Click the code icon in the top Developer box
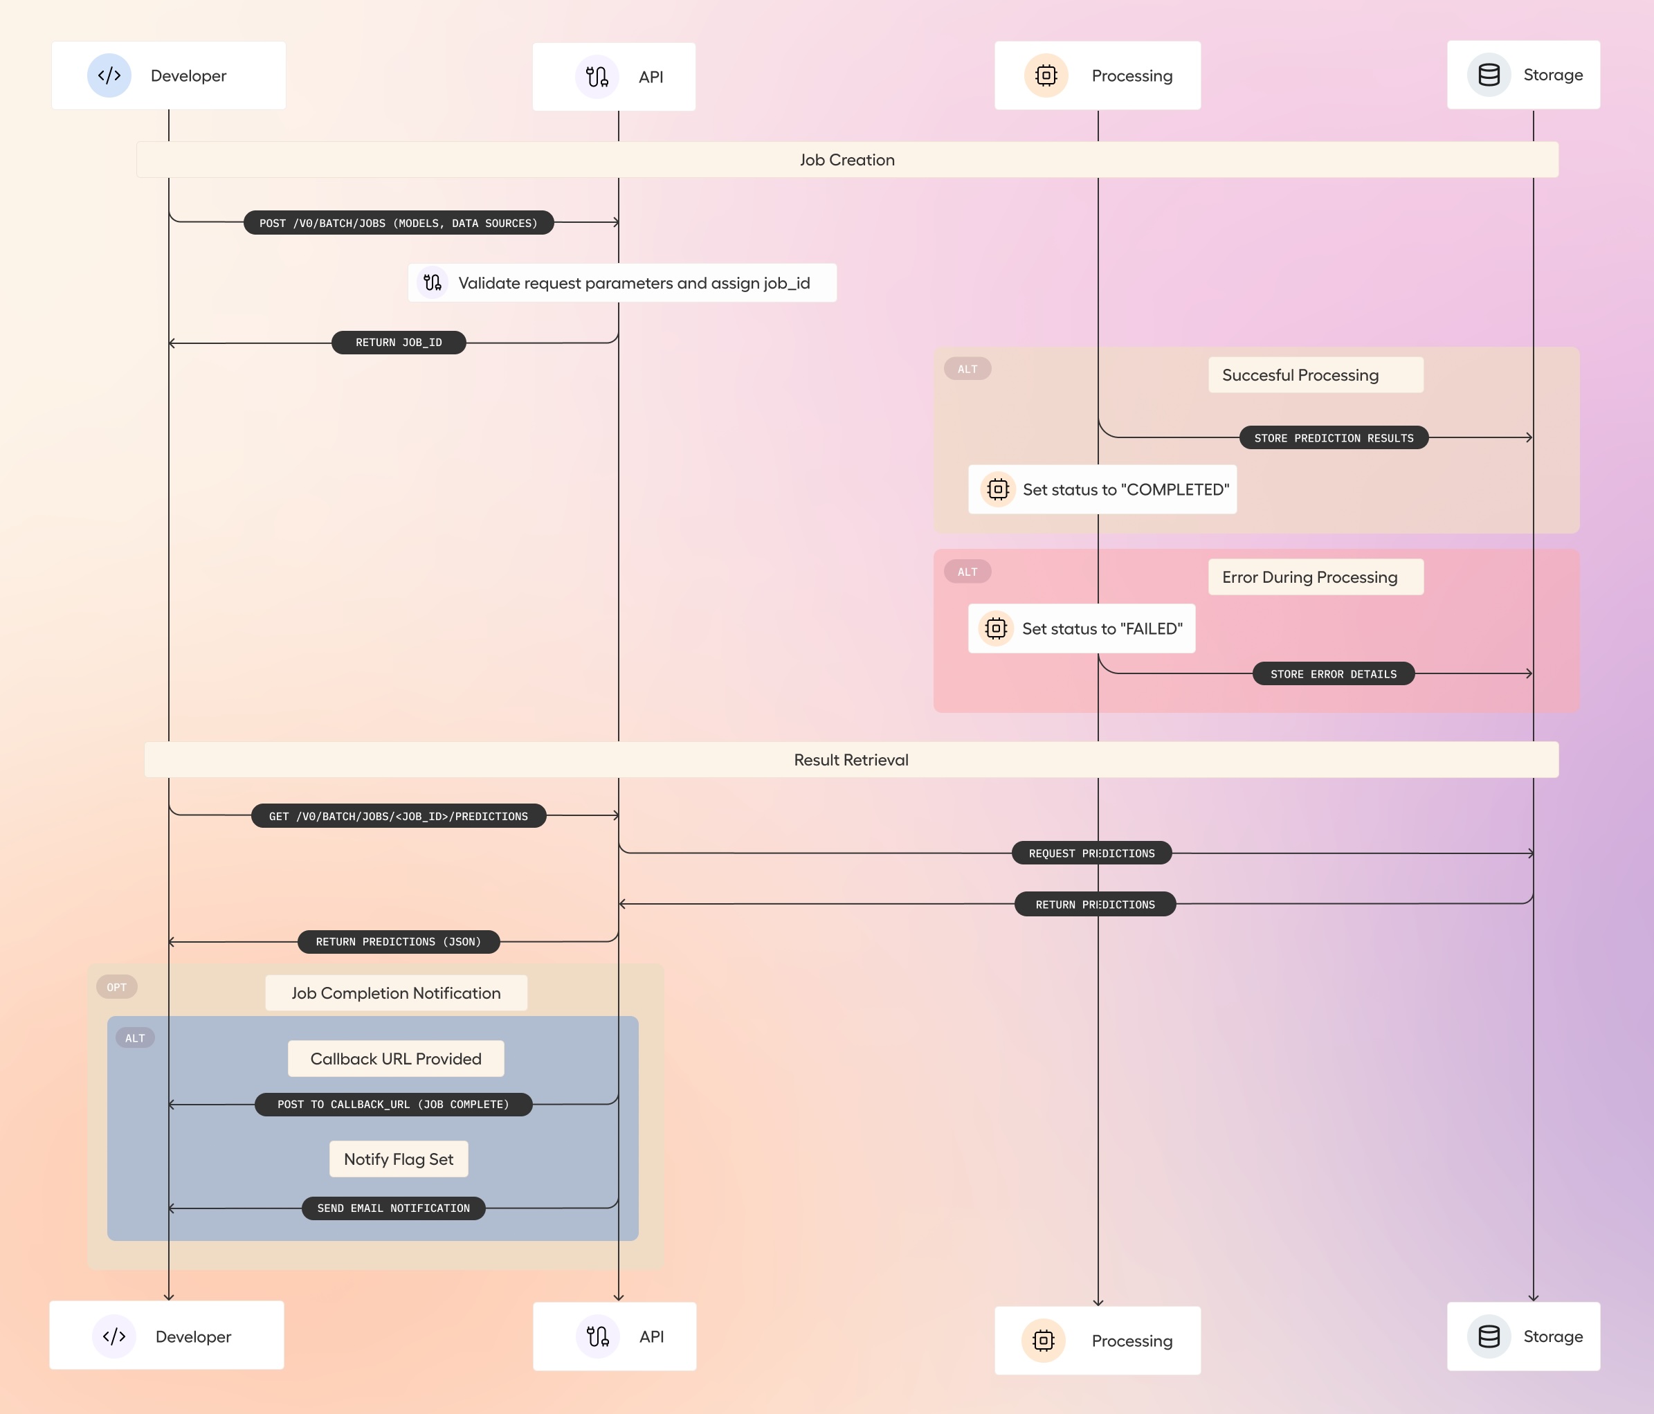pos(109,76)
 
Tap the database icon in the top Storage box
pos(1489,75)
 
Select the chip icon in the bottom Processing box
pos(1044,1341)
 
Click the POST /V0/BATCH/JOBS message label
pos(399,223)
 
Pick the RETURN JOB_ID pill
pos(399,343)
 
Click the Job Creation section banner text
pos(847,160)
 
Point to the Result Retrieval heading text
pos(851,760)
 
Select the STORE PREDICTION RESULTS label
pos(1333,438)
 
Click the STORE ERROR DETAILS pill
pos(1333,674)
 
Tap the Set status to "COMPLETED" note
pos(1102,489)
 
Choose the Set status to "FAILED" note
pos(1082,629)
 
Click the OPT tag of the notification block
pos(116,987)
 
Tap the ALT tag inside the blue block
pos(135,1038)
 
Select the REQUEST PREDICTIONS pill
pos(1091,853)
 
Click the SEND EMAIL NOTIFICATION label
pos(394,1208)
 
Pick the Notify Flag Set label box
pos(399,1159)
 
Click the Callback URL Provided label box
pos(396,1059)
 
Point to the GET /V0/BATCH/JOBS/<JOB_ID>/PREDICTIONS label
pos(399,816)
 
